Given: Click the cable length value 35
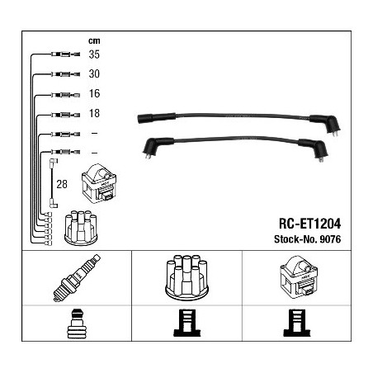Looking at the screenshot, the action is (94, 54).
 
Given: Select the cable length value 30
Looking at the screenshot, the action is (94, 73).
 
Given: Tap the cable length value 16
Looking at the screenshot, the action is (94, 93).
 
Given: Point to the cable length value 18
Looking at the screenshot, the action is (94, 113).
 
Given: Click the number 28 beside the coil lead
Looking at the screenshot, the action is (62, 184).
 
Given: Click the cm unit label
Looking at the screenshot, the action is (94, 41).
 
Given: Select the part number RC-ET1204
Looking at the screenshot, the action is (309, 224).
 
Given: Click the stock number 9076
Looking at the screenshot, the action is (330, 239).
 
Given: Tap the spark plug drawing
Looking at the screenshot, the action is (77, 278).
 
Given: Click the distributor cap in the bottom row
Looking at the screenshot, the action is (186, 276).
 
